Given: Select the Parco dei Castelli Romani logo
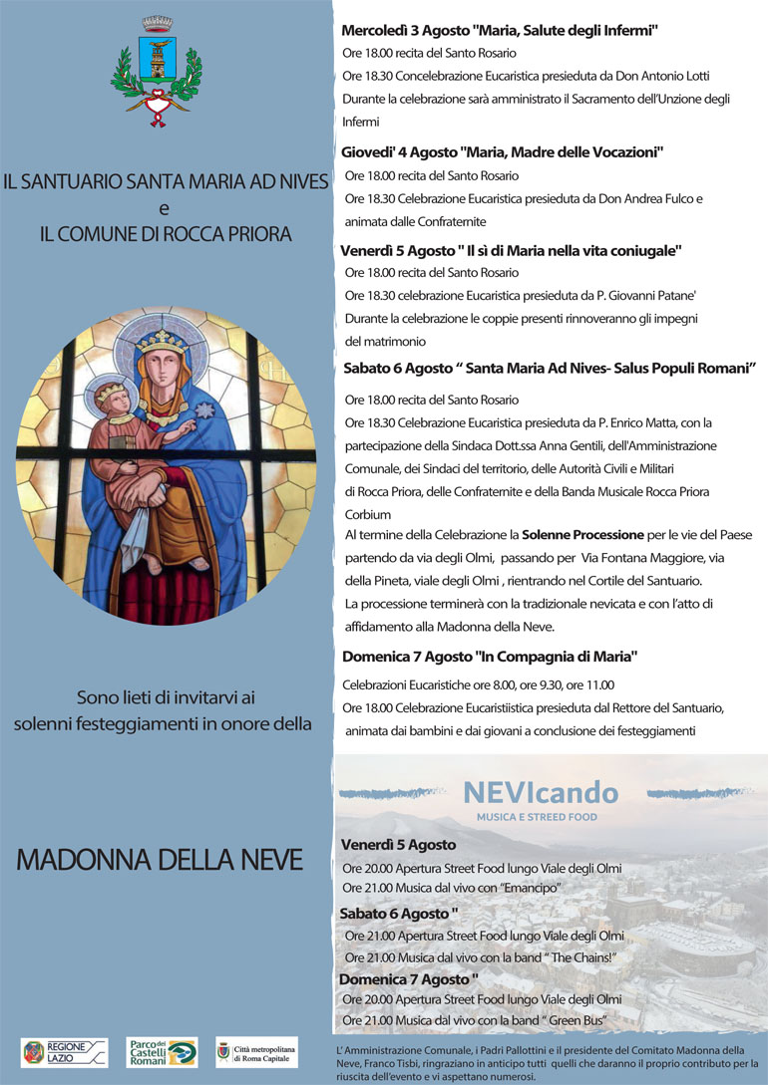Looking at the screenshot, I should click(x=163, y=1052).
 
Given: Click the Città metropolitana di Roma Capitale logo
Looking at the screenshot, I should click(x=256, y=1052).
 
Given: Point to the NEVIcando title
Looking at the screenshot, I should click(x=540, y=793).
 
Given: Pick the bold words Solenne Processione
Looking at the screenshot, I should click(x=582, y=535).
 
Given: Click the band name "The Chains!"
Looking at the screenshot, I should click(x=576, y=957).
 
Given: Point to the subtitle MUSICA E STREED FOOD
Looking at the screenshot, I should click(x=537, y=817).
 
